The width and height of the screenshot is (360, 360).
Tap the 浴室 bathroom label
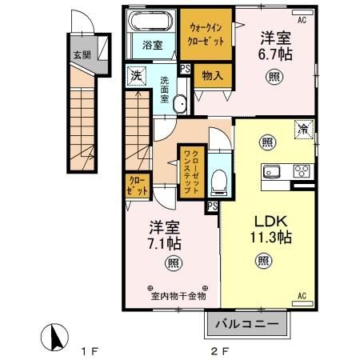point(152,45)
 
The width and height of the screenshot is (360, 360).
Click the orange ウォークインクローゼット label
point(205,32)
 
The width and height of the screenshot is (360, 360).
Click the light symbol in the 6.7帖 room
point(274,77)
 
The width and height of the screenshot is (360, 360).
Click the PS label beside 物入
point(186,70)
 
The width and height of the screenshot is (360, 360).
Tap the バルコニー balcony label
point(247,325)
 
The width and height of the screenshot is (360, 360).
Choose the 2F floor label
point(220,350)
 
